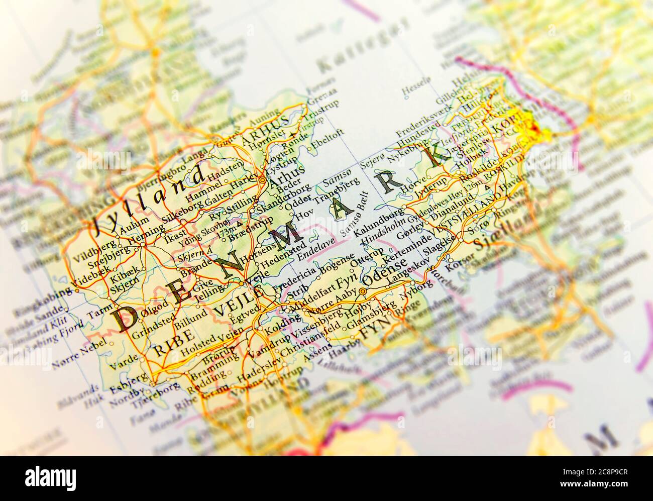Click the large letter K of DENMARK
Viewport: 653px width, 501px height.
pyautogui.click(x=433, y=152)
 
